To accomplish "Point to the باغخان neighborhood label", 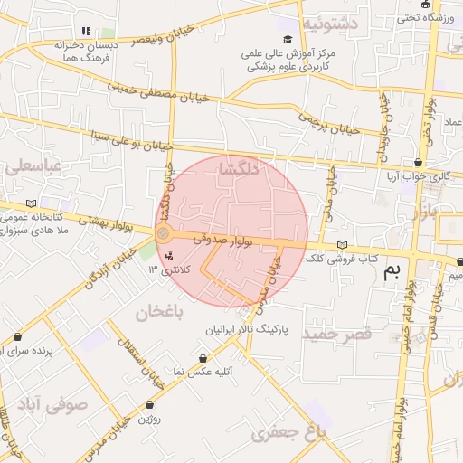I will pos(159,313).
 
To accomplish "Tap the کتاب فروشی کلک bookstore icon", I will pos(341,245).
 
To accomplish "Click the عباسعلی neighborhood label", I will pos(33,166).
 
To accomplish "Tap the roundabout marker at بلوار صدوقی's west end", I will pos(163,234).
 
